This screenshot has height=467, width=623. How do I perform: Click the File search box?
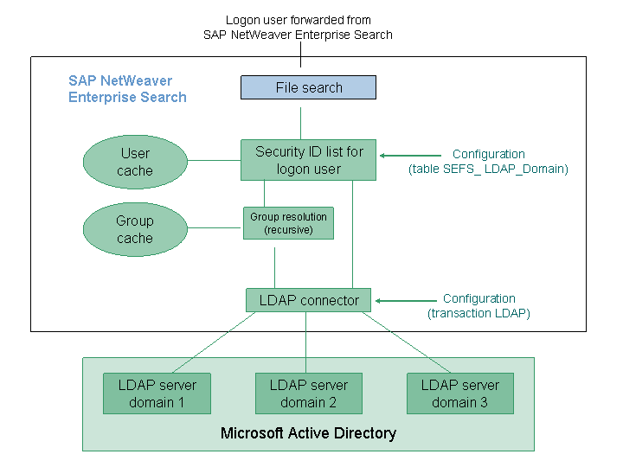point(308,87)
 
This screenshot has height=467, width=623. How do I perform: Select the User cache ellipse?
point(135,162)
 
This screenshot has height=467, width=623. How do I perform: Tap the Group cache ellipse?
point(135,229)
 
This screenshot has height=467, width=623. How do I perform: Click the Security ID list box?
point(308,160)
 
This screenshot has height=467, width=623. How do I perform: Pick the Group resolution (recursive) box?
point(288,222)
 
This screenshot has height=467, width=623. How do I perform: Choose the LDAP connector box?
point(308,300)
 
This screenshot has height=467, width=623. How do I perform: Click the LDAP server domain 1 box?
point(157,393)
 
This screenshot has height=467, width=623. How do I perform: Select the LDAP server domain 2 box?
point(308,393)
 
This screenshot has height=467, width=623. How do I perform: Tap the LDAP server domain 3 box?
point(459,393)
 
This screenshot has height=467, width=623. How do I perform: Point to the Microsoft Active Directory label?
point(308,433)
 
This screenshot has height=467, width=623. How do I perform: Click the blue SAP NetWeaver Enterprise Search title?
point(127,89)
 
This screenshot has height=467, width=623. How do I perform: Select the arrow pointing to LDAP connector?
point(403,301)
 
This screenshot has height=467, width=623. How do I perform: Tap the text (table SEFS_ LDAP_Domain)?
point(488,170)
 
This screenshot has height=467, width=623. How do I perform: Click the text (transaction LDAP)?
point(478,314)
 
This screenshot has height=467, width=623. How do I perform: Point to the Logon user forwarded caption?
point(298,27)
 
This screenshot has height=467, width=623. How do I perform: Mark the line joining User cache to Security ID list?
point(215,160)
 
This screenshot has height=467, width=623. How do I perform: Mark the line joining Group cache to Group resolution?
point(215,228)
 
